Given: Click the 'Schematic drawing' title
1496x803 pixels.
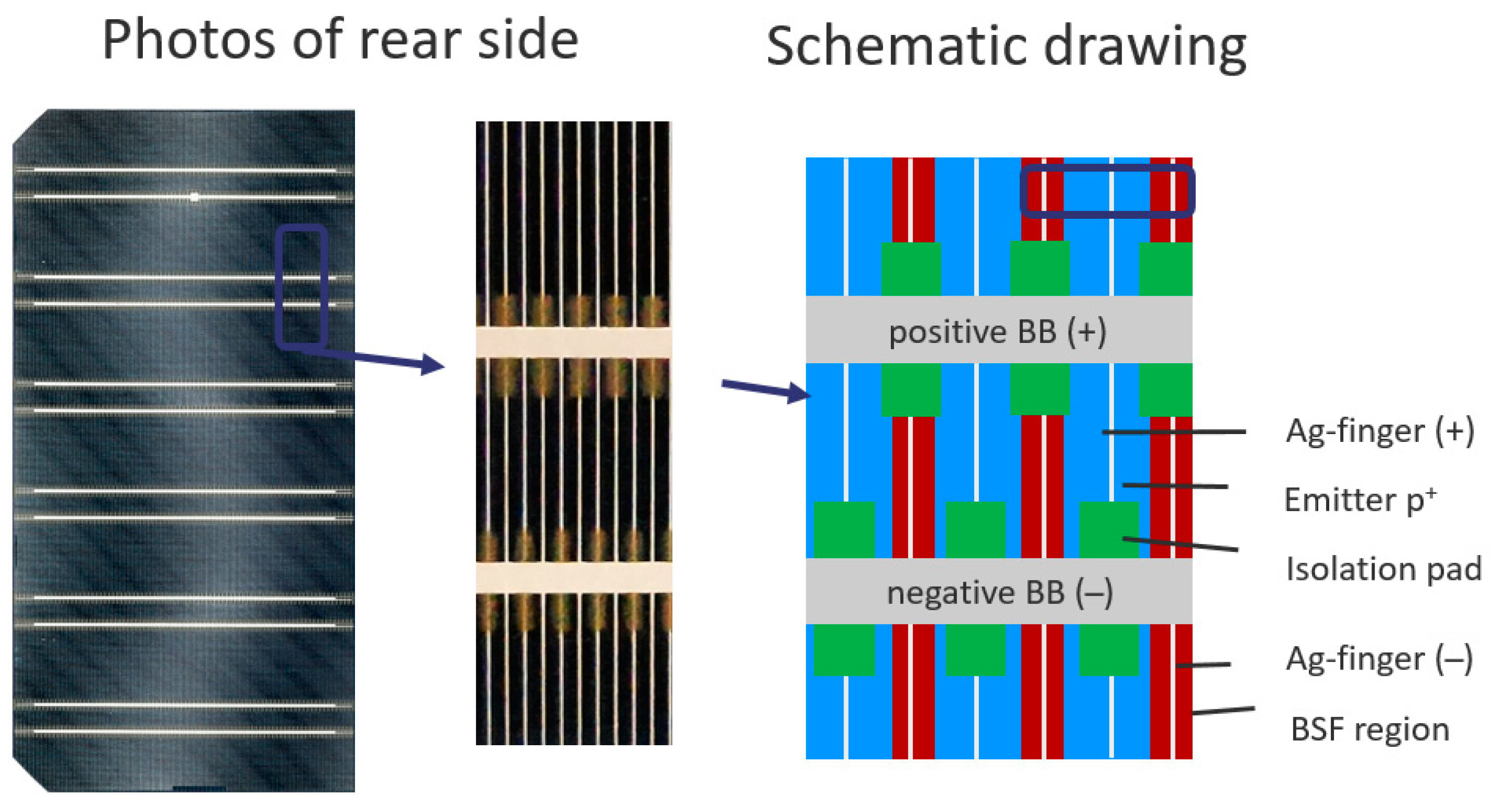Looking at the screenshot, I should [x=1006, y=46].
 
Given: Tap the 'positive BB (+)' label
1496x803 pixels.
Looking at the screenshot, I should [x=998, y=332].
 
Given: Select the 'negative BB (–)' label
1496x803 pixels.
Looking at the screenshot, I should [x=999, y=593].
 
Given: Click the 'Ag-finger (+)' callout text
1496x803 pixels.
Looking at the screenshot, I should [x=1380, y=431].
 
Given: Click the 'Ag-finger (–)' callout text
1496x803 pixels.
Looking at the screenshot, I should [x=1380, y=659].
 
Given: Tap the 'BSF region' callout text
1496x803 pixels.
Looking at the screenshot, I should [x=1369, y=729].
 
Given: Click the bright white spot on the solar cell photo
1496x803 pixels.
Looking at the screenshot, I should [x=194, y=197].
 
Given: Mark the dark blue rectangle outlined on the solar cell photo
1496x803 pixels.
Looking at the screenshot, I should [x=301, y=288].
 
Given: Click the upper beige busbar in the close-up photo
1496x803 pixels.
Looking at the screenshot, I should [x=573, y=342].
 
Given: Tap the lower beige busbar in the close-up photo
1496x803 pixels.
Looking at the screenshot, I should [x=573, y=578].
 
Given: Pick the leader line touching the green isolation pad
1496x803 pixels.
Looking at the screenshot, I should [x=1180, y=544].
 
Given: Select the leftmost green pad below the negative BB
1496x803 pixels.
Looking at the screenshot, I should [x=844, y=650].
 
